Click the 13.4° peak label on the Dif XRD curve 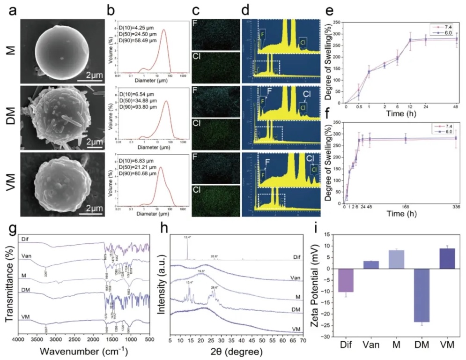click(187, 238)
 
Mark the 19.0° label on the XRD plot click(202, 271)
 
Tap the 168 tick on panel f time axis click(406, 206)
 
